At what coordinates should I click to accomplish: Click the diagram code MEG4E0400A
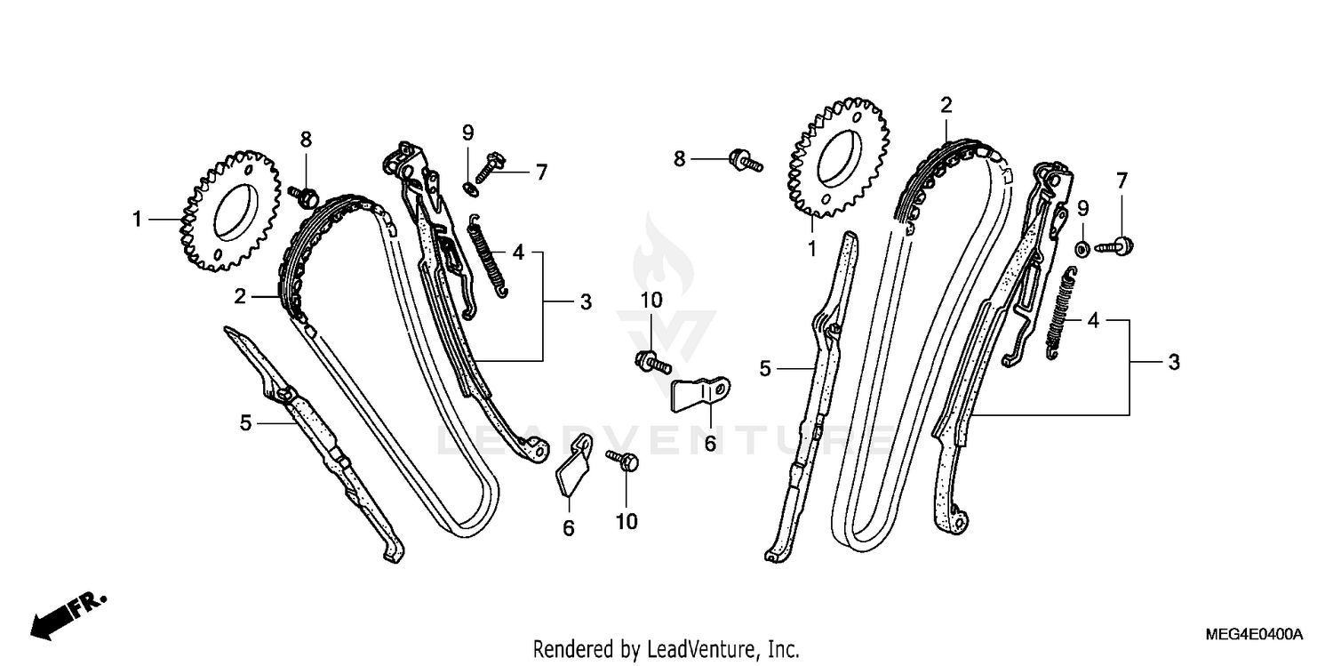[x=1254, y=634]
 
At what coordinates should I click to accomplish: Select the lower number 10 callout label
[x=627, y=522]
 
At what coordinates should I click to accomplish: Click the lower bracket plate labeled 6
[x=574, y=469]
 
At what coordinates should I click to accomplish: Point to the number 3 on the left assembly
[x=586, y=303]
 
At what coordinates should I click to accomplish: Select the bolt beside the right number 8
[x=743, y=160]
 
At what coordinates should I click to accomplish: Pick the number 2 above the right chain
[x=946, y=105]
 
